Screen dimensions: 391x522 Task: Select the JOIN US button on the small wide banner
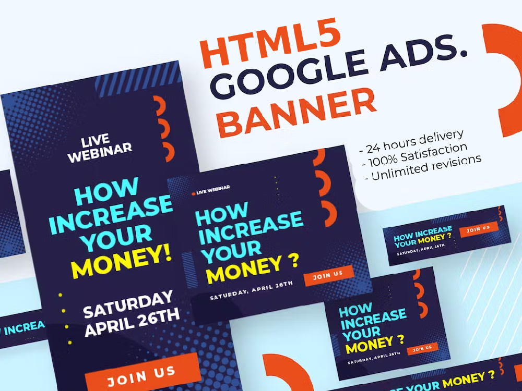[x=479, y=229]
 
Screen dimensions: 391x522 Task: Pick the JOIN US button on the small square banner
[x=422, y=347]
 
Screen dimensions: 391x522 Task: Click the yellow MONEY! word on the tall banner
[x=121, y=261]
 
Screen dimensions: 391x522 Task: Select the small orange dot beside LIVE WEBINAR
[x=194, y=193]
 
